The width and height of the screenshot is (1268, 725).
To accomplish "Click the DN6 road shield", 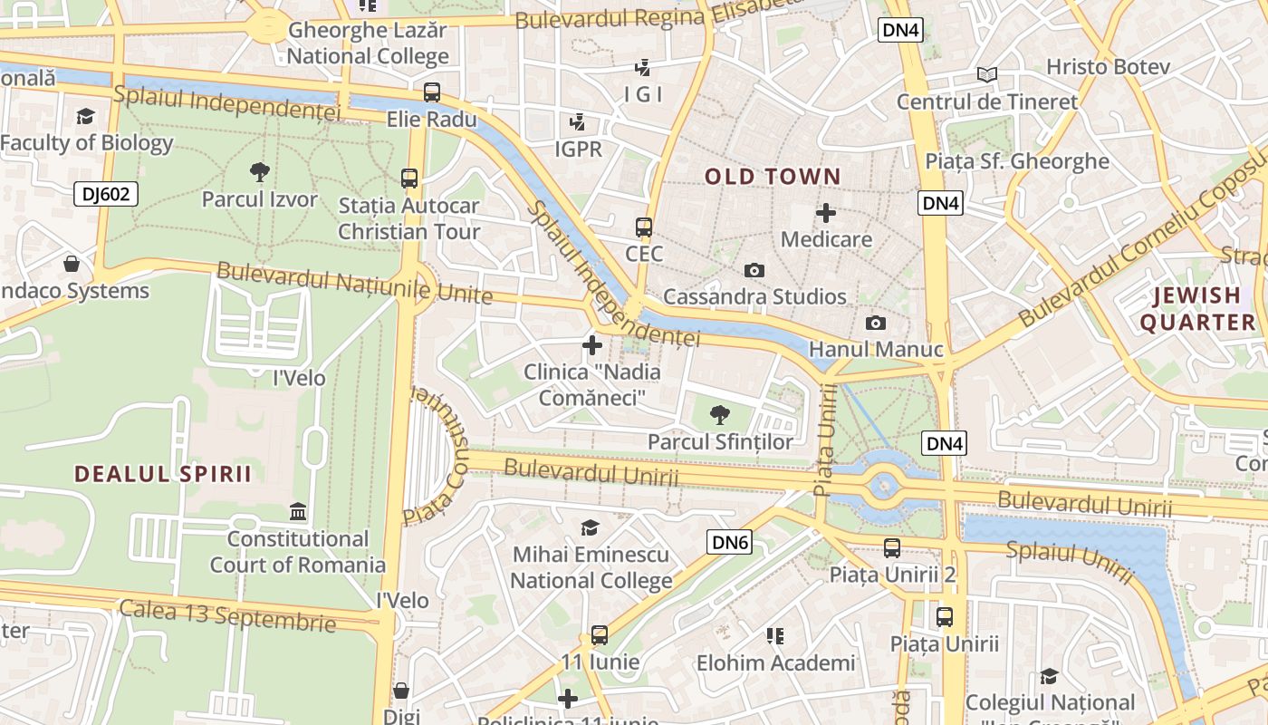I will pos(730,542).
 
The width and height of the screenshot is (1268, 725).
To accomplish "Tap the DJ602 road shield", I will pos(106,193).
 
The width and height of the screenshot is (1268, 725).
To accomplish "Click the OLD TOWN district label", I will pos(773,176).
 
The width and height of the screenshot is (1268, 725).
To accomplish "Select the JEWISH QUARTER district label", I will pos(1197,308).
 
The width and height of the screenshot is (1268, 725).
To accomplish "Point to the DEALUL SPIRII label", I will pos(163,473).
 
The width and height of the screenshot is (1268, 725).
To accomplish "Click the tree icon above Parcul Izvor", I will pos(260,171).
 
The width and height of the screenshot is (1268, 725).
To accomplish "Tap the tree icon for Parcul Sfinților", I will pos(720,415).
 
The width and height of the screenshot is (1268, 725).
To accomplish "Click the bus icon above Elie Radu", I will pos(432,92).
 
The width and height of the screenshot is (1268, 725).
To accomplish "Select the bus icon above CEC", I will pos(644,227).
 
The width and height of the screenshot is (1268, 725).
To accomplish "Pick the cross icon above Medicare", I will pos(826,213).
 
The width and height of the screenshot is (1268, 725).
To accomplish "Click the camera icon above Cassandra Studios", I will pos(754,270).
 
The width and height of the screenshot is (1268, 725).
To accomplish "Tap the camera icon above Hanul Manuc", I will pos(876,323).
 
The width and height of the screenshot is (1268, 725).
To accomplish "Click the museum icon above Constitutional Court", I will pos(298,512).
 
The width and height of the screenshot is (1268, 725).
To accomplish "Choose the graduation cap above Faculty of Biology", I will pos(86,116).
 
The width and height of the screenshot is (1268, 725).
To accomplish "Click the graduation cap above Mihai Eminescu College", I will pos(591,527).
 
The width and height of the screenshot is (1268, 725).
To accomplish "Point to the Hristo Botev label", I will pos(1108,66).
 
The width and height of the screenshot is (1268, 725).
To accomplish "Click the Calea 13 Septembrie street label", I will pos(227,615).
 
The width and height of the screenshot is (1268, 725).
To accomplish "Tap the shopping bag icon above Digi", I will pos(401,690).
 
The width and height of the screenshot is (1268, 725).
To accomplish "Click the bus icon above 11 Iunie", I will pos(600,634).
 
